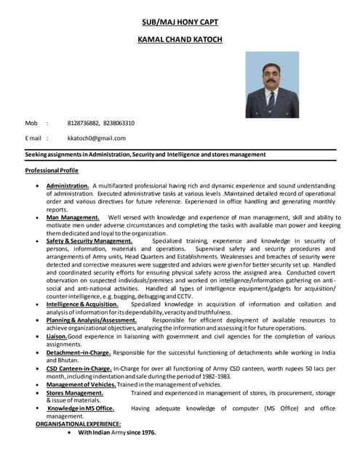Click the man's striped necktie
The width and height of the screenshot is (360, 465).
click(271, 101)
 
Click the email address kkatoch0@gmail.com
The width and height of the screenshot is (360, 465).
click(96, 138)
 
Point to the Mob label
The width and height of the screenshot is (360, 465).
click(31, 123)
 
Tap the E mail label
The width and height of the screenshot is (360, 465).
click(33, 138)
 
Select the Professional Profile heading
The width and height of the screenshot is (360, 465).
click(52, 170)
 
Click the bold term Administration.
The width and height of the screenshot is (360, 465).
click(68, 186)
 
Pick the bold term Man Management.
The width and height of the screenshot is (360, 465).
click(73, 217)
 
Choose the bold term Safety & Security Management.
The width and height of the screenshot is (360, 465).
click(89, 240)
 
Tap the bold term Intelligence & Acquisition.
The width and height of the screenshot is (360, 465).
click(82, 304)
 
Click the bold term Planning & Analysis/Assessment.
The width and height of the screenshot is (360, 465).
click(92, 320)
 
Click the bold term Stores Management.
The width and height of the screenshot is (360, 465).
click(75, 392)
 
